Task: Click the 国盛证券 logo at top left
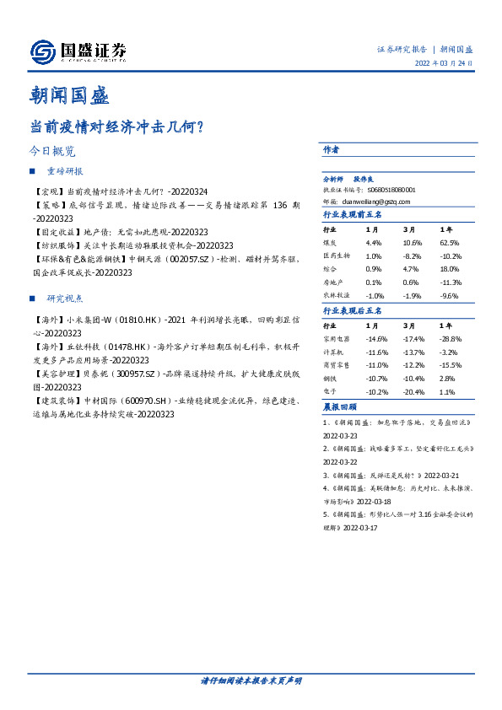pyautogui.click(x=78, y=52)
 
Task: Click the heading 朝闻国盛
pyautogui.click(x=68, y=95)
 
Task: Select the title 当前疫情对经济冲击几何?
pyautogui.click(x=116, y=127)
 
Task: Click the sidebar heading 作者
pyautogui.click(x=331, y=149)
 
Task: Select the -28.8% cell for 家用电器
pyautogui.click(x=450, y=338)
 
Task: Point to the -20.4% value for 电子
pyautogui.click(x=412, y=391)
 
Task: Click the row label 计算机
pyautogui.click(x=332, y=352)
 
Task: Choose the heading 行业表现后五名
pyautogui.click(x=353, y=311)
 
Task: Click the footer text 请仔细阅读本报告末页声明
pyautogui.click(x=251, y=680)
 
